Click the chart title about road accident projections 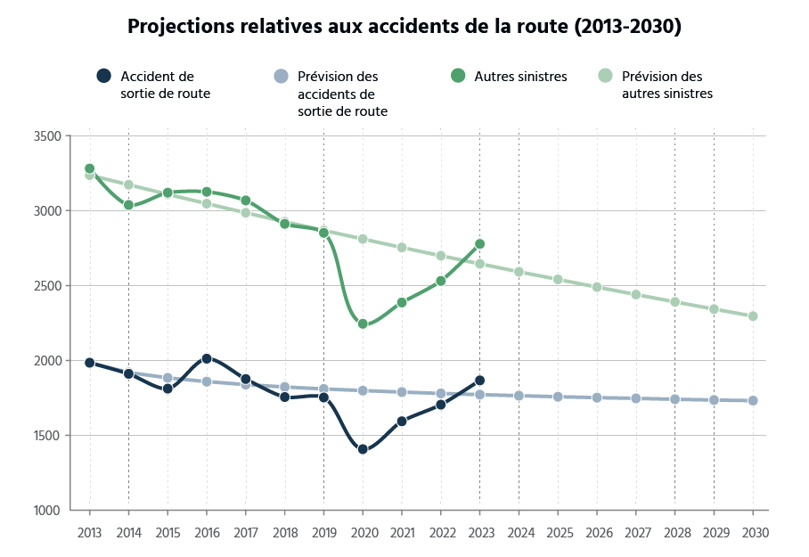404,26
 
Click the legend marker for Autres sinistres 458,77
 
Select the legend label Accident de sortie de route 165,85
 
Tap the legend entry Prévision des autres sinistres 666,85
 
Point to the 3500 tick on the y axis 47,136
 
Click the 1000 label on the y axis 47,511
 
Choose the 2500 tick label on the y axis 47,286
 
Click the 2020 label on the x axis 363,532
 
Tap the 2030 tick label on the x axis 753,532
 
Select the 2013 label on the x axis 89,532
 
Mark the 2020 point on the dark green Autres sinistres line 363,324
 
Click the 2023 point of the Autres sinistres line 479,244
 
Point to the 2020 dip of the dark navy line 363,449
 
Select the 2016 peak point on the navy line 207,359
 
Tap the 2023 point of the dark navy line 479,381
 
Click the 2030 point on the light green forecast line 753,316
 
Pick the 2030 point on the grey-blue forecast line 753,401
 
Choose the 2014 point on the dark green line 128,205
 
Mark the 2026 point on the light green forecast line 597,288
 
